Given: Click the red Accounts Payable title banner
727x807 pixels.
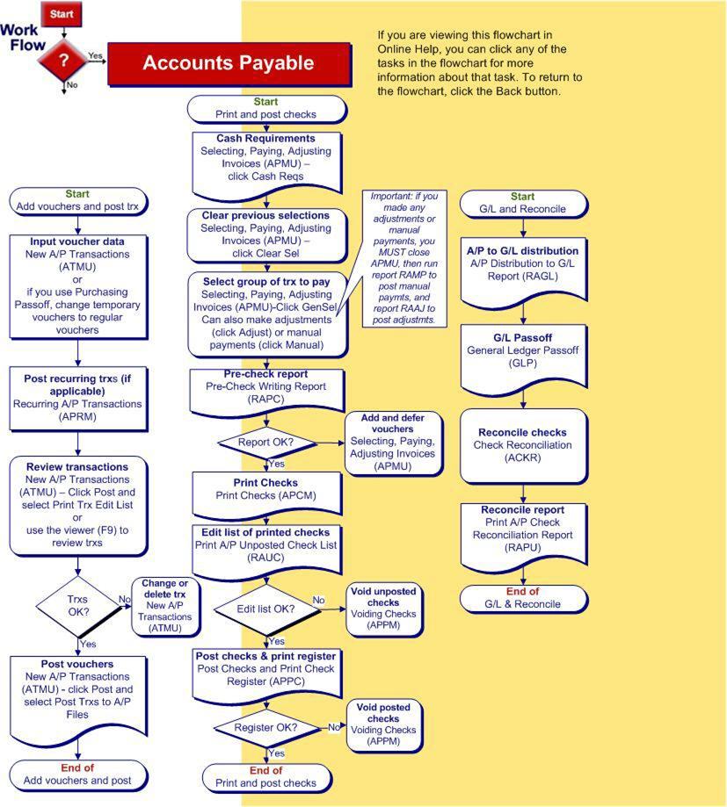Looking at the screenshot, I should coord(229,63).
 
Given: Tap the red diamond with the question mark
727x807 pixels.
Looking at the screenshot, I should coord(63,61).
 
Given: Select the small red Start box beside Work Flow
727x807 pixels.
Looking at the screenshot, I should coord(62,14).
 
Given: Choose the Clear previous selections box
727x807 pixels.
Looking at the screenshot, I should coord(265,234).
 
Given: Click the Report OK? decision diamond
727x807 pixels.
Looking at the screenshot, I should coord(265,443).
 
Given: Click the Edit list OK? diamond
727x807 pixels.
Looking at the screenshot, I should coord(265,609).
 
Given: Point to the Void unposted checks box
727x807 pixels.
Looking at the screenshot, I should coord(383,608).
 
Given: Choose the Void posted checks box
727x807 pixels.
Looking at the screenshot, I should coord(383,724).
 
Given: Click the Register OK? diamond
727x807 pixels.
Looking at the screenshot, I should coord(265,727).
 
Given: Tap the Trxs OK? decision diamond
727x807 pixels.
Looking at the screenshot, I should coord(78,605).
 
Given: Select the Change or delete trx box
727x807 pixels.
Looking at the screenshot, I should coord(165,606).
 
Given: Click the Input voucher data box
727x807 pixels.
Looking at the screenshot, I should coord(77,285).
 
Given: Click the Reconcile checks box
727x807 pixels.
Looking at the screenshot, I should coord(523,445).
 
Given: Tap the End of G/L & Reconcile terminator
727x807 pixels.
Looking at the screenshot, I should coord(523,598).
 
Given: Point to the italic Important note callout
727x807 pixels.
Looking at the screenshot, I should coord(403,257).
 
